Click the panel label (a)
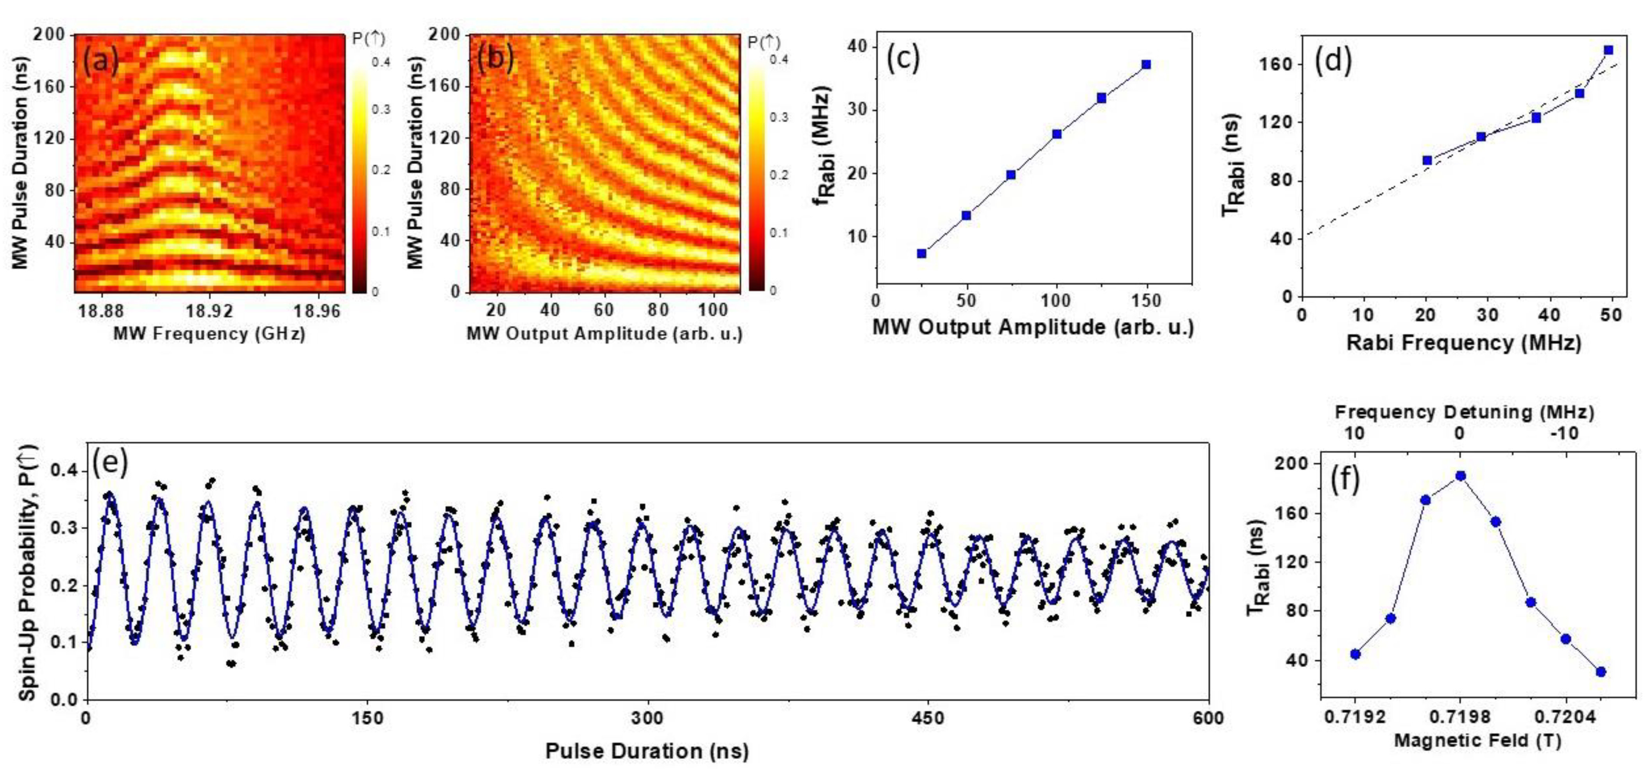(x=100, y=61)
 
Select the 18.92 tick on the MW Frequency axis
(x=210, y=311)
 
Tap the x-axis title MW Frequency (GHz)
(x=209, y=334)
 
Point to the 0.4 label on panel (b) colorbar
(x=779, y=59)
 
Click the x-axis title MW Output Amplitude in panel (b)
(x=604, y=334)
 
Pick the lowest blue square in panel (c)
(x=921, y=254)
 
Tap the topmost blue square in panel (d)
(x=1608, y=50)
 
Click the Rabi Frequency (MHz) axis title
(x=1463, y=343)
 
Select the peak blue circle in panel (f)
(x=1460, y=476)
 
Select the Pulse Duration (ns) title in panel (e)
(x=647, y=751)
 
